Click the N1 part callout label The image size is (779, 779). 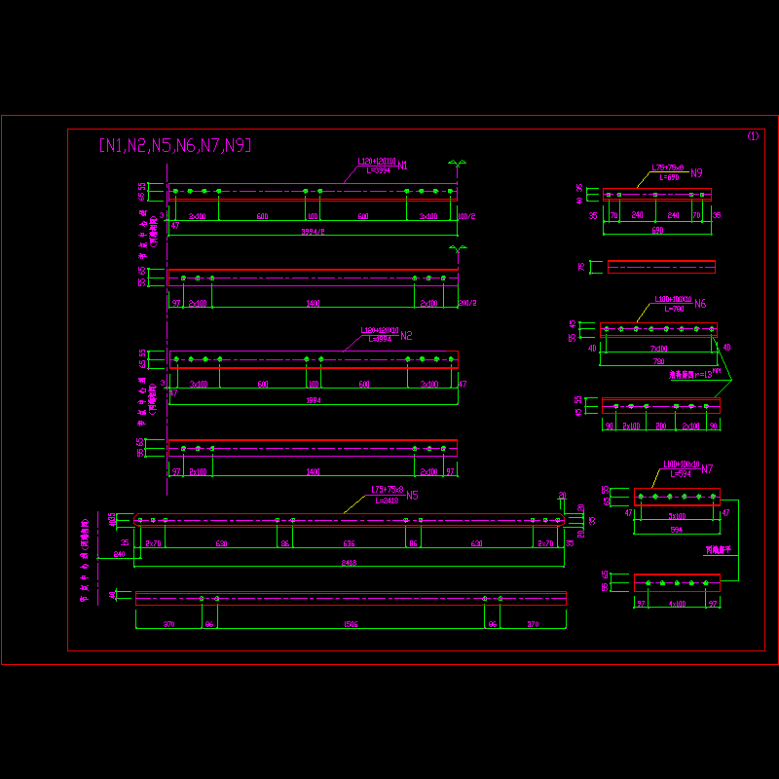coord(402,165)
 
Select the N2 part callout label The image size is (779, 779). coord(406,336)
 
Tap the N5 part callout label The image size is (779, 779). coord(412,496)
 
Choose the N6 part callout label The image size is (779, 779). coord(700,304)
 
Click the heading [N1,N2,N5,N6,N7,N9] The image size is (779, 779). coord(175,145)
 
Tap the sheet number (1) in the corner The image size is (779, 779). coord(752,136)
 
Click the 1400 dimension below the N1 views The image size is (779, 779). coord(313,304)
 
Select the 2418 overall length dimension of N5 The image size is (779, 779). coord(349,563)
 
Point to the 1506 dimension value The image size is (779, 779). coord(351,624)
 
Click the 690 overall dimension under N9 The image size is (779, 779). coord(657,231)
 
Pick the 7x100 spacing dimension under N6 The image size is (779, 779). coord(659,349)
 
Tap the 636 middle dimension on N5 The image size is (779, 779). coord(349,544)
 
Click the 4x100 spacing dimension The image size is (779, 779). coord(677,605)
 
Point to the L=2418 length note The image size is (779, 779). coord(385,501)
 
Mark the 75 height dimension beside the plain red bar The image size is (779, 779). coord(581,266)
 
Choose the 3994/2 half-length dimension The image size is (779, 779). coord(313,232)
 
